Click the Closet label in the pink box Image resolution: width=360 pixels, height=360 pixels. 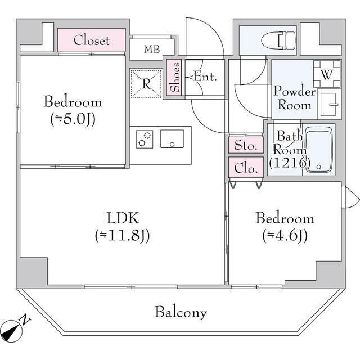[92, 40]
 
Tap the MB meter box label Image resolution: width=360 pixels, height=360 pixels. [152, 49]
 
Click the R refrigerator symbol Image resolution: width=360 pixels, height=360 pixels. [146, 83]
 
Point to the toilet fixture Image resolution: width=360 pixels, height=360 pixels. [278, 40]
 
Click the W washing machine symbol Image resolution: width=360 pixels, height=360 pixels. [327, 74]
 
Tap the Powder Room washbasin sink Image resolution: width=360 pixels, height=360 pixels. [330, 105]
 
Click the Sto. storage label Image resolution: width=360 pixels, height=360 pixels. [246, 145]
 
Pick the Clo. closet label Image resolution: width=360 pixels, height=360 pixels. [245, 168]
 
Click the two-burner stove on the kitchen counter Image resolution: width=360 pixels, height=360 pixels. [145, 139]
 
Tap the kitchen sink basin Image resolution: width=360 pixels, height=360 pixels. [172, 139]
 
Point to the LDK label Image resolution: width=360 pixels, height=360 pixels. [123, 218]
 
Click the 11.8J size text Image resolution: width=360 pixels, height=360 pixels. [123, 235]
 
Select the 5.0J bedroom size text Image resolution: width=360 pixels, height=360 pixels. [73, 119]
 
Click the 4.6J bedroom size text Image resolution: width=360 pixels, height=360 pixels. [285, 235]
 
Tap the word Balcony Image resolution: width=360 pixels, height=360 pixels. [181, 312]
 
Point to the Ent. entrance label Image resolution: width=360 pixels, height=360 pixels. [205, 76]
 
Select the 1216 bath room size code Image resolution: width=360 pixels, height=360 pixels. [290, 163]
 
